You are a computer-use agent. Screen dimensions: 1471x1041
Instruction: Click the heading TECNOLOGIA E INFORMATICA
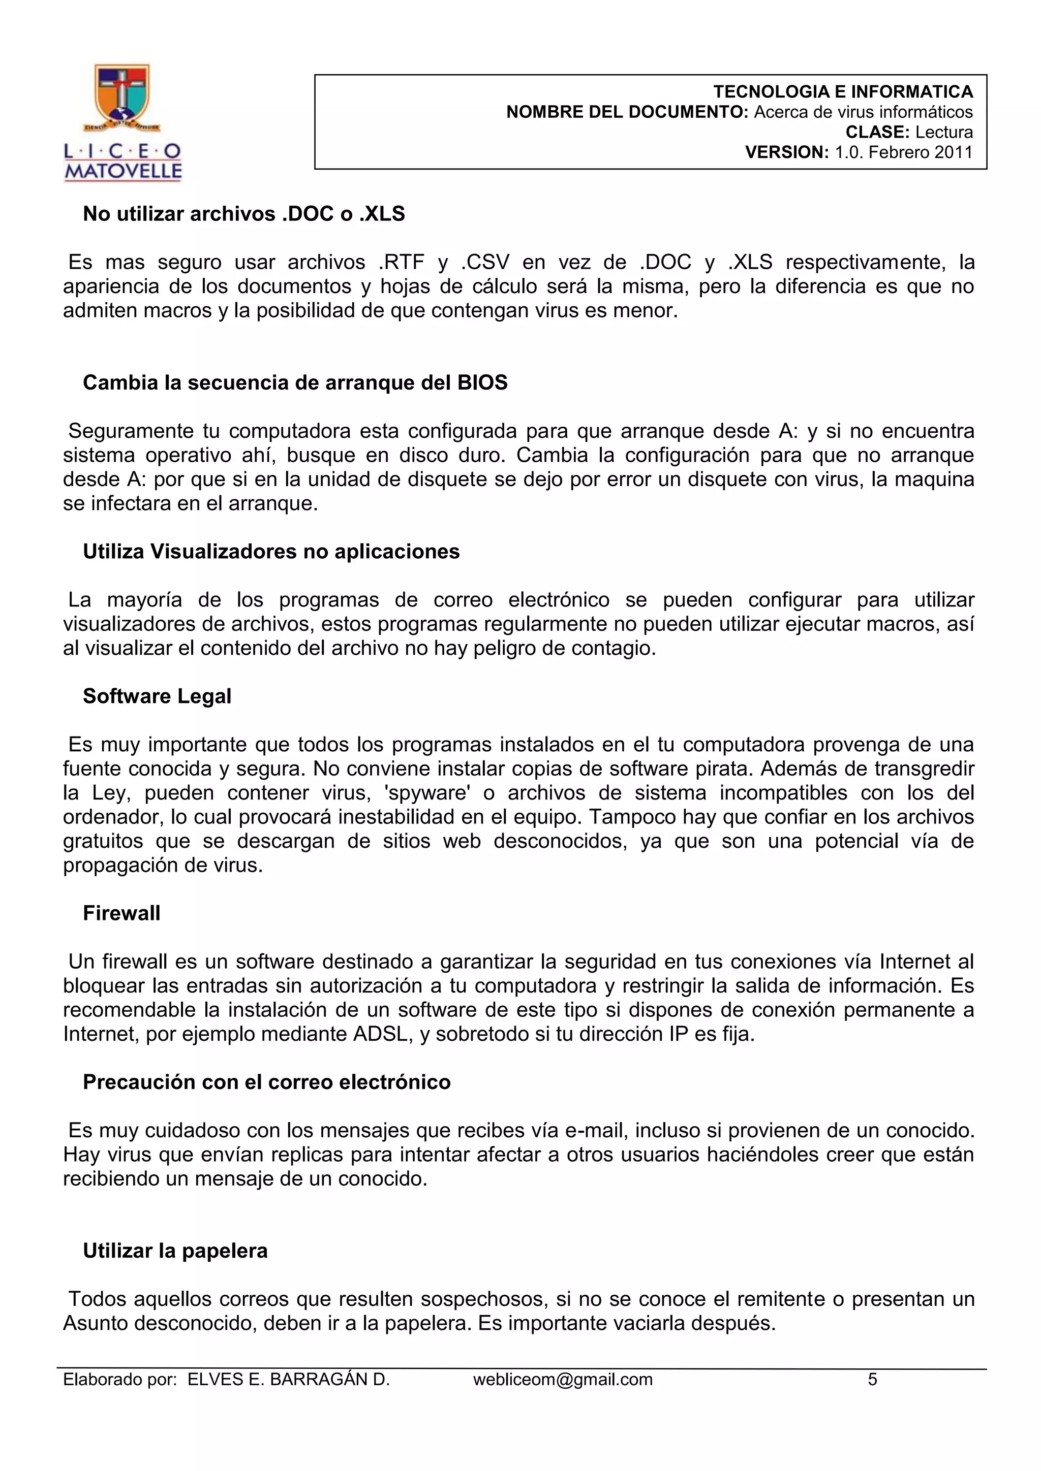click(x=843, y=91)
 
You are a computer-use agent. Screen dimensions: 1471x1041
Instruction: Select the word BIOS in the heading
click(x=482, y=382)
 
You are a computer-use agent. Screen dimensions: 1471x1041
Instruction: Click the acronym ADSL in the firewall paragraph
click(x=383, y=1034)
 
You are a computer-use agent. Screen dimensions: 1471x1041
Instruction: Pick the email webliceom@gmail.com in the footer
click(x=563, y=1380)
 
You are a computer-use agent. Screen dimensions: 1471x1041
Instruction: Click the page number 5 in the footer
click(x=872, y=1380)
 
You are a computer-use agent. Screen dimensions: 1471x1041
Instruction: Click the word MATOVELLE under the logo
click(x=123, y=171)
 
